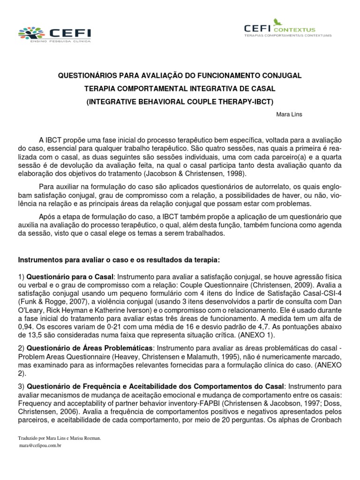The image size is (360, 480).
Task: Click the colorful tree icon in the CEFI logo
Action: (x=30, y=33)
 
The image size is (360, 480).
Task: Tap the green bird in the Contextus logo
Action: (x=279, y=21)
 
